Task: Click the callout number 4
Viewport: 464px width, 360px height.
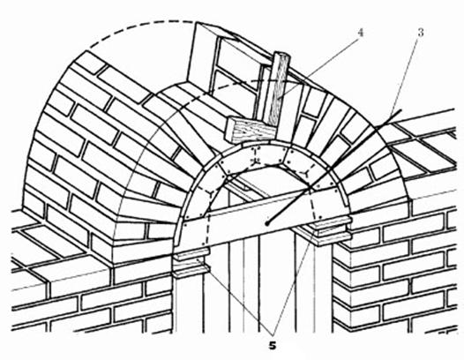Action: [x=360, y=33]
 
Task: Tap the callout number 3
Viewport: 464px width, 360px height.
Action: [x=421, y=33]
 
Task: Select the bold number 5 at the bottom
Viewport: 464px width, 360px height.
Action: [x=273, y=345]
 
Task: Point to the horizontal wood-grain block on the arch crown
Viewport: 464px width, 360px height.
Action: [x=251, y=130]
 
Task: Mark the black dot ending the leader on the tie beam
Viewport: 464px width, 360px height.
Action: [x=267, y=223]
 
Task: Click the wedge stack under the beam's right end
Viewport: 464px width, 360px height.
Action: [x=333, y=231]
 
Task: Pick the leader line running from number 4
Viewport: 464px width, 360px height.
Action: [x=318, y=66]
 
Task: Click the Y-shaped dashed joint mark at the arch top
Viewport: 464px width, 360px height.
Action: [x=257, y=161]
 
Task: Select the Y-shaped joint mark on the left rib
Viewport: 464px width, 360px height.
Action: [x=211, y=193]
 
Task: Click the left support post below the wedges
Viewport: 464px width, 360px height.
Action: [x=189, y=305]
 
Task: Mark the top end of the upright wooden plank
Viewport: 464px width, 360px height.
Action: [x=281, y=54]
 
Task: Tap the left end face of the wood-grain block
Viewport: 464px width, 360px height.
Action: [x=231, y=129]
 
